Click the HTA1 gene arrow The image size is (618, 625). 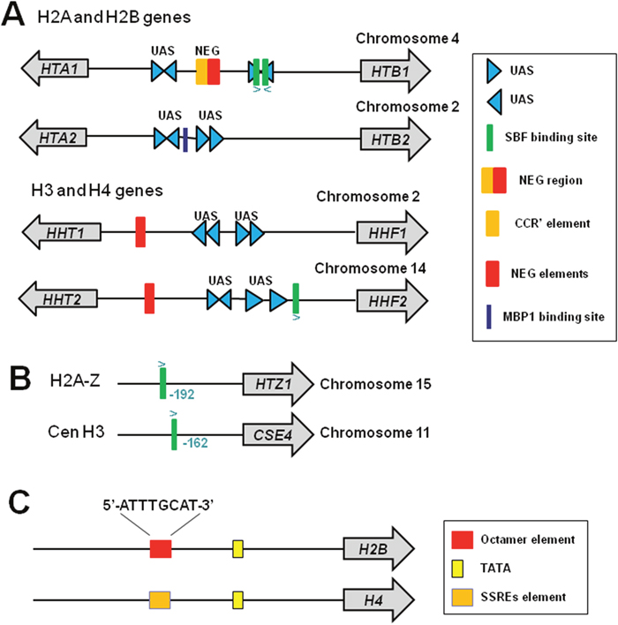pyautogui.click(x=55, y=69)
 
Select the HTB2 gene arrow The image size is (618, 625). pyautogui.click(x=396, y=139)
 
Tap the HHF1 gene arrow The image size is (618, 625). pyautogui.click(x=392, y=232)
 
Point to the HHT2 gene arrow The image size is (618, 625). pyautogui.click(x=57, y=298)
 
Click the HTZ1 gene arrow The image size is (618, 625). pyautogui.click(x=278, y=384)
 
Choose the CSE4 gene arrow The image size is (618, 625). pyautogui.click(x=278, y=434)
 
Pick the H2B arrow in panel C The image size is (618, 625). pyautogui.click(x=379, y=548)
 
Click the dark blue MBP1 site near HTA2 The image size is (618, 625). pyautogui.click(x=185, y=139)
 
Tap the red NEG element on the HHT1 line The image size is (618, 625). pyautogui.click(x=140, y=232)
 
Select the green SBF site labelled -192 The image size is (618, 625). pyautogui.click(x=162, y=383)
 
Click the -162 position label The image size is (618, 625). pyautogui.click(x=195, y=443)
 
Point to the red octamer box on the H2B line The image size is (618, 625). pyautogui.click(x=161, y=549)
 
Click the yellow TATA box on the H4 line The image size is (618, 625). pyautogui.click(x=238, y=600)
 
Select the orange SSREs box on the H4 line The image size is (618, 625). pyautogui.click(x=160, y=600)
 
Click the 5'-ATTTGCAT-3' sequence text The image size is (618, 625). pyautogui.click(x=159, y=506)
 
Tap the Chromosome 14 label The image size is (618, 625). pyautogui.click(x=370, y=268)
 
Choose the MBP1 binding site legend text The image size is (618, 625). pyautogui.click(x=554, y=317)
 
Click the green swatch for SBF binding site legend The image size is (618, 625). pyautogui.click(x=490, y=138)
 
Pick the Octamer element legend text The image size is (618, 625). pyautogui.click(x=527, y=539)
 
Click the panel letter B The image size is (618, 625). pyautogui.click(x=20, y=379)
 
